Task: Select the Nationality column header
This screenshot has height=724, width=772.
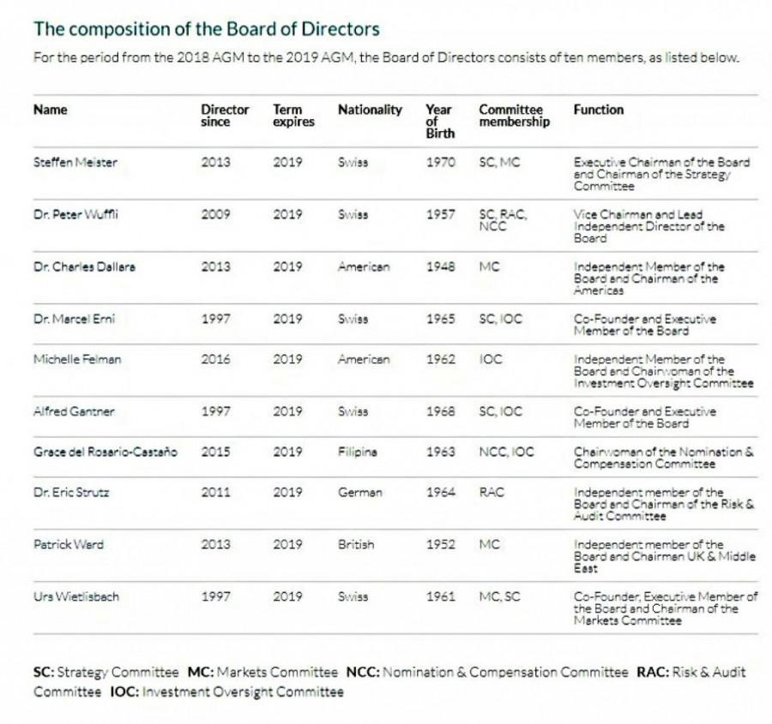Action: point(370,110)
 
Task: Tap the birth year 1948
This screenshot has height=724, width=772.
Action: point(440,266)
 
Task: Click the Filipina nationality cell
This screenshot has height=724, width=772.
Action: point(358,452)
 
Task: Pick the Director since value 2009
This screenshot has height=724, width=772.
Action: point(215,214)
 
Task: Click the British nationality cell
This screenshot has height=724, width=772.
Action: point(356,544)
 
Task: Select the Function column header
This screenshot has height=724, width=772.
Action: point(599,110)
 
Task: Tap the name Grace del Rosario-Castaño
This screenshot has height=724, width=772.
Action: point(106,452)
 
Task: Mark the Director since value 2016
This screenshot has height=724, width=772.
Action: point(215,359)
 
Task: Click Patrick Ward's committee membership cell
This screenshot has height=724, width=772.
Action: point(489,544)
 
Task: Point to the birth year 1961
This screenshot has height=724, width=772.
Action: point(440,596)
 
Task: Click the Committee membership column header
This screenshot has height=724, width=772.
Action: point(511,116)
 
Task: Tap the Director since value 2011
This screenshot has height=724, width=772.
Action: point(215,493)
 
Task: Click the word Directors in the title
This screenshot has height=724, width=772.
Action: point(344,29)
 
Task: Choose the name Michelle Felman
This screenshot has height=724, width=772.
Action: point(77,359)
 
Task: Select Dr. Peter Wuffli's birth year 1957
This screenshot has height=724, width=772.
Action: point(440,214)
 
